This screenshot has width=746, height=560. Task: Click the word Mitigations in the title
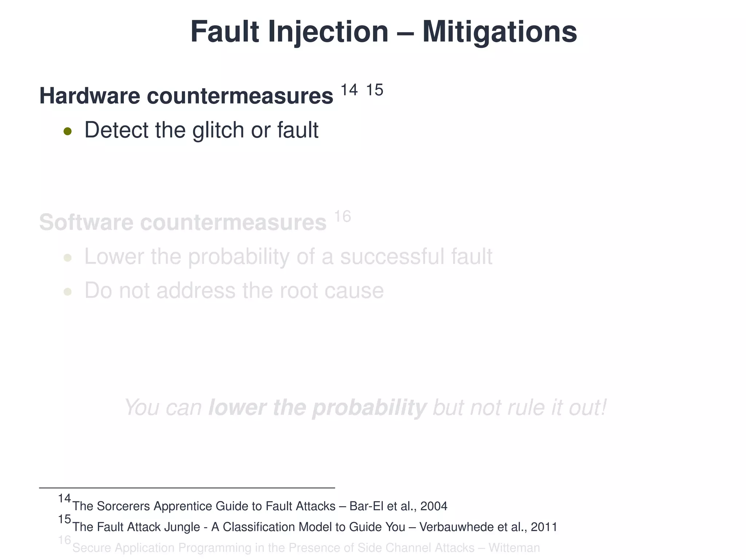pos(499,32)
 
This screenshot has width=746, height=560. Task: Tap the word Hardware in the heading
pos(90,96)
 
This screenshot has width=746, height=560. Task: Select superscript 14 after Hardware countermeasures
pos(349,90)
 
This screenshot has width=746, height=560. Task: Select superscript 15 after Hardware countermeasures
pos(374,90)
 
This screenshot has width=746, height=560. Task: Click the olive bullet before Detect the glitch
pos(67,131)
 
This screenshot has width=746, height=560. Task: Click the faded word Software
pos(86,222)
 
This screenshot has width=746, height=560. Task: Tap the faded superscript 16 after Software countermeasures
pos(342,217)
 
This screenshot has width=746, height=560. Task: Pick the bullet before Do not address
pos(67,292)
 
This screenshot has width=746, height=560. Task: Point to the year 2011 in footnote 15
pos(544,527)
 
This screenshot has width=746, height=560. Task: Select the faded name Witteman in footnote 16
pos(514,548)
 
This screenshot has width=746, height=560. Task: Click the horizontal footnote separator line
pos(187,488)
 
